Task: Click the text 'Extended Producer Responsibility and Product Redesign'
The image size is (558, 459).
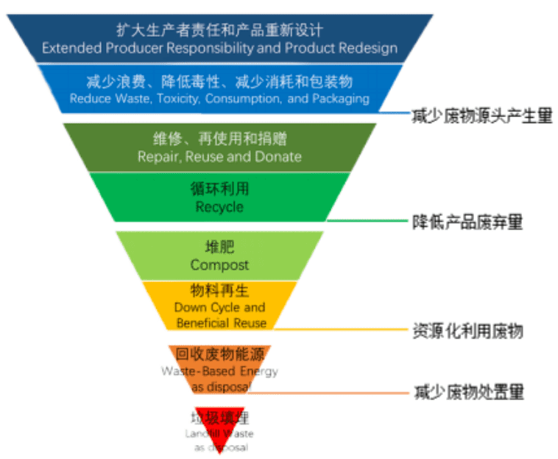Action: point(219,49)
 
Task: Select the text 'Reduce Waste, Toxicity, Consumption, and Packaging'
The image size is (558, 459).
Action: point(219,97)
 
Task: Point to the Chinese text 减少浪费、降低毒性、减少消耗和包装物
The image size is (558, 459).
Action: point(219,80)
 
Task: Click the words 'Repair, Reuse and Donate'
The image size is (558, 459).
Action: point(219,156)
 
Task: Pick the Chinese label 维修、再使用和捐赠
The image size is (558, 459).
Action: point(219,139)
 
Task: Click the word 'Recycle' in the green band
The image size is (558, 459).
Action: point(219,207)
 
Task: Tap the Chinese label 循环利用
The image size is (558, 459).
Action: point(219,189)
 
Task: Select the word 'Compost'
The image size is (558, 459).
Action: point(219,264)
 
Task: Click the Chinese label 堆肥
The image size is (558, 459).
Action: point(219,248)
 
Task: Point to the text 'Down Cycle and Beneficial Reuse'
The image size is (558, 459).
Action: point(219,315)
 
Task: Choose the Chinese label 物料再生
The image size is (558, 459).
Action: point(219,291)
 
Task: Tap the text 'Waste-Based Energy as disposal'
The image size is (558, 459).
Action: point(219,379)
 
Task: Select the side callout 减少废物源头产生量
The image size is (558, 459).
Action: point(482,116)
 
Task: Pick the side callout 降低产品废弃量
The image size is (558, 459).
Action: point(467,221)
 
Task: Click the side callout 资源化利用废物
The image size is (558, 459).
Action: point(467,331)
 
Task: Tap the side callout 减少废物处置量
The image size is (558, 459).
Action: point(468,392)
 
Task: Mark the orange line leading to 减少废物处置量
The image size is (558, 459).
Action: point(331,393)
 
